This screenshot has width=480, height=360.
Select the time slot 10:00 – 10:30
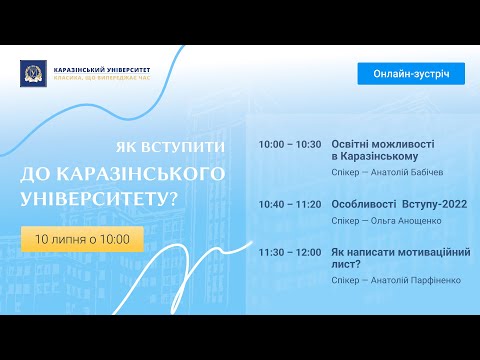[289, 144]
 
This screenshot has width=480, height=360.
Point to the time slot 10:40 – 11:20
[289, 204]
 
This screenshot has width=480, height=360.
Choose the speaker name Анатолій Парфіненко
[417, 280]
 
